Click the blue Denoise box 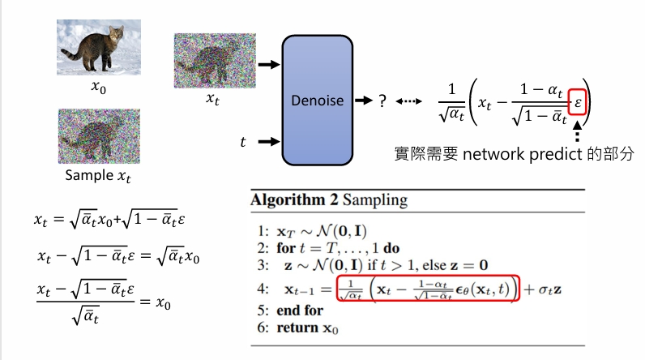[x=318, y=101]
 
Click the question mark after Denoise [x=381, y=101]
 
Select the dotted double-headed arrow [x=410, y=101]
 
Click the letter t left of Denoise [x=242, y=142]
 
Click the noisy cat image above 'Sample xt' [x=99, y=135]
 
